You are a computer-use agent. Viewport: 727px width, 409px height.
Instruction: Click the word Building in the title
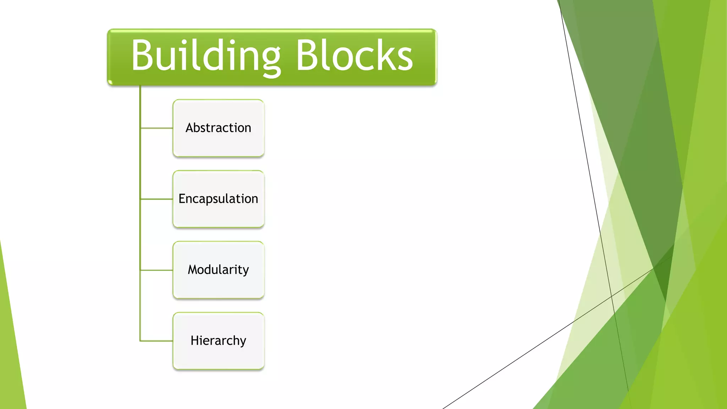[x=206, y=56]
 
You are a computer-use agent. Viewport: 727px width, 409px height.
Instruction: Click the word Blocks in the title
[x=354, y=56]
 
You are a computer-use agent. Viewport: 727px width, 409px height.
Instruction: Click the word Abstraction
[x=218, y=128]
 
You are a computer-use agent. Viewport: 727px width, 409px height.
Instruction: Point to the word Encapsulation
[x=218, y=199]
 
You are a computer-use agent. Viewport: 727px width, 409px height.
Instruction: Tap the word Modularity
[x=218, y=270]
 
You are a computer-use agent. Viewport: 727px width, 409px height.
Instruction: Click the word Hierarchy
[x=218, y=341]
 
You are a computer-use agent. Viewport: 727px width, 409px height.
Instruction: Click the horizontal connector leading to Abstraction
[x=157, y=128]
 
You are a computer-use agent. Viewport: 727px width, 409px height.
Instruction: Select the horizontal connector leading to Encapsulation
[x=157, y=199]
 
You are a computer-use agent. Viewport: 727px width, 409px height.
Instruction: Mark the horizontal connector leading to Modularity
[x=157, y=270]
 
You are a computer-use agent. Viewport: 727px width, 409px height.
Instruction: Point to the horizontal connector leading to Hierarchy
[x=157, y=341]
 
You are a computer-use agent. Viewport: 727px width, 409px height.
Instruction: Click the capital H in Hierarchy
[x=195, y=340]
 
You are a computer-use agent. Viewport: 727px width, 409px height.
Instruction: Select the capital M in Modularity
[x=193, y=269]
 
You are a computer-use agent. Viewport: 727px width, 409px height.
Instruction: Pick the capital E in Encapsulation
[x=182, y=198]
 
